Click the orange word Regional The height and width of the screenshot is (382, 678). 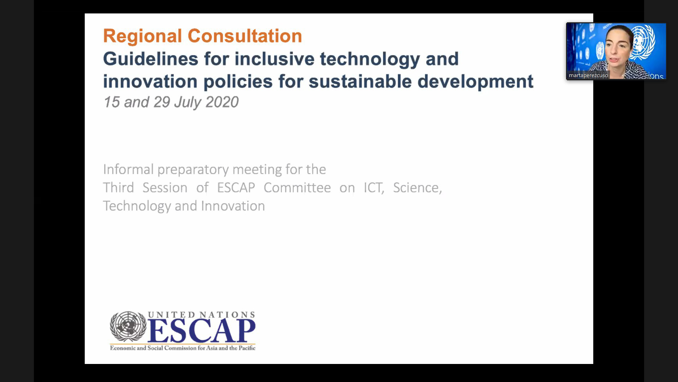[x=143, y=36]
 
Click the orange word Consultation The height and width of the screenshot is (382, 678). [x=245, y=36]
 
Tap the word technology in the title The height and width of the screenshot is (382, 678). [x=370, y=59]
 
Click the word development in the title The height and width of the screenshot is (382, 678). [x=475, y=82]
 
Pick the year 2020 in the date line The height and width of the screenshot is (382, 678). [x=222, y=102]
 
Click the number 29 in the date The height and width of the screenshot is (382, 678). [x=162, y=102]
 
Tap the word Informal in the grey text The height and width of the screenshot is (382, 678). [x=128, y=169]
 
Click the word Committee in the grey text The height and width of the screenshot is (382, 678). [x=297, y=187]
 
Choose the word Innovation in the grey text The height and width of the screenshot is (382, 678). [x=233, y=206]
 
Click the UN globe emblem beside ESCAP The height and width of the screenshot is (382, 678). [x=128, y=326]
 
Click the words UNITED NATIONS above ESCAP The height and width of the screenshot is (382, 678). [x=201, y=314]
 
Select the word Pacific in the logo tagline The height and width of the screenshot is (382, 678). [x=247, y=348]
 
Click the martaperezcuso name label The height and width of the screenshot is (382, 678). [x=588, y=75]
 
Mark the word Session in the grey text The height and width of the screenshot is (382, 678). [x=165, y=187]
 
